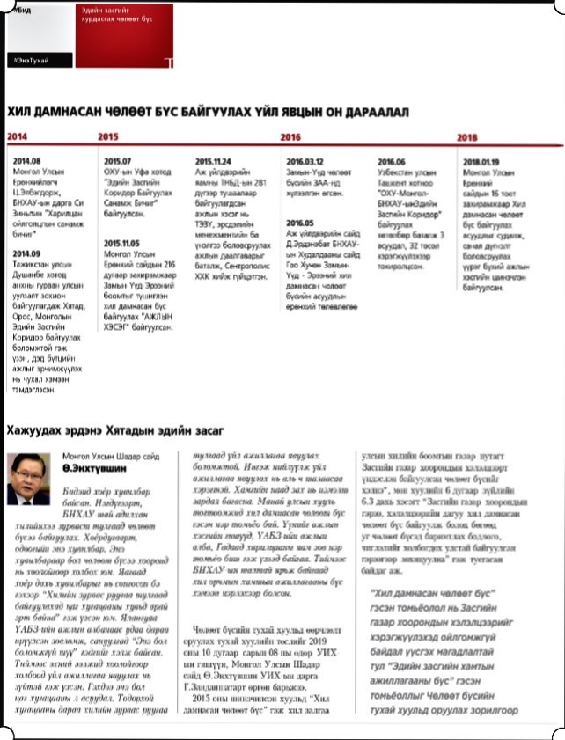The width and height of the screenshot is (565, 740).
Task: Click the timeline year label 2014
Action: click(18, 137)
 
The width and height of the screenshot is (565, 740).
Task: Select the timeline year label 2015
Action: click(109, 137)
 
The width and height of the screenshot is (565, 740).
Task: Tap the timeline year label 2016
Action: click(290, 137)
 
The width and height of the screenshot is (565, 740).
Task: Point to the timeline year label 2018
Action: click(467, 137)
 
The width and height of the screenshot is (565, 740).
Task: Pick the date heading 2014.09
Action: click(27, 253)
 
